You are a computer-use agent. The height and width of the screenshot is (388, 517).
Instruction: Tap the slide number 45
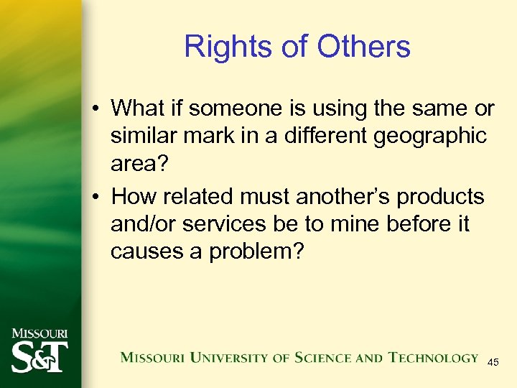tap(493, 363)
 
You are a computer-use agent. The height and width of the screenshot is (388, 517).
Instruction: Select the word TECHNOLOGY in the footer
tap(433, 358)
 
